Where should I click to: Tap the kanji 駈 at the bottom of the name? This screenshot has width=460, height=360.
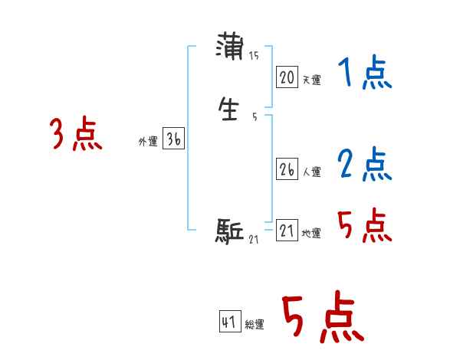229,231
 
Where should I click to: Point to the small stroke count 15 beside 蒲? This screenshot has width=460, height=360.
254,56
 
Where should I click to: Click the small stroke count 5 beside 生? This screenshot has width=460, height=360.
255,116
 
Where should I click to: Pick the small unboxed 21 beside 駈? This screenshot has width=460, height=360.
254,241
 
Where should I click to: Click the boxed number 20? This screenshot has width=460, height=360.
287,77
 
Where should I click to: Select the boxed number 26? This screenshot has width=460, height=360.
287,170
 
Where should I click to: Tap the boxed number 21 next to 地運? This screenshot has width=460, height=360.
287,231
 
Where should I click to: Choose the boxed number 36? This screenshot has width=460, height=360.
173,139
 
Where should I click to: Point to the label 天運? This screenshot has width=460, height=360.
311,80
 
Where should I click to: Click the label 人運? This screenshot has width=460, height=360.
311,172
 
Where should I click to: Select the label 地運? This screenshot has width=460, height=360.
311,234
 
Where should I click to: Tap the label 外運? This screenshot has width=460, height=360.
147,142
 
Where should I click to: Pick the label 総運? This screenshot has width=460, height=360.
255,325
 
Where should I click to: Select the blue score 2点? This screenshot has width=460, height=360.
365,165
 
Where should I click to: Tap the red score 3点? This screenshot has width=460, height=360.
76,136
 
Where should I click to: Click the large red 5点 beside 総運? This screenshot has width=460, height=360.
322,318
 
